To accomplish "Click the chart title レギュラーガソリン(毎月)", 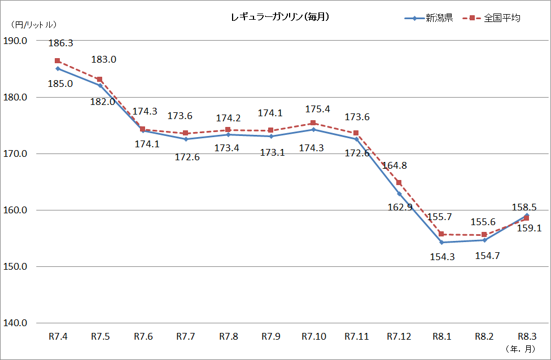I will pos(280,17).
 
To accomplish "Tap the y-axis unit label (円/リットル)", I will pos(33,25).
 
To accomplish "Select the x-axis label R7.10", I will pos(313,337).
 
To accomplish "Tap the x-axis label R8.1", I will pos(441,337).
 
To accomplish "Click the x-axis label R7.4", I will pos(58,337).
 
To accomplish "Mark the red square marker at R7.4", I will pos(58,61).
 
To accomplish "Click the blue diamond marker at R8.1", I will pos(441,242).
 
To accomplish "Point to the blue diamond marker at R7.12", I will pos(399,194).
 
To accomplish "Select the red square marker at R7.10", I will pos(313,123).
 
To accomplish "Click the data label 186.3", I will pos(61,43).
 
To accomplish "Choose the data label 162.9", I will pos(400,207).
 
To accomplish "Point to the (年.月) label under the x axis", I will pos(520,349).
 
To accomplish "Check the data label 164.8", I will pos(395,166).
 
